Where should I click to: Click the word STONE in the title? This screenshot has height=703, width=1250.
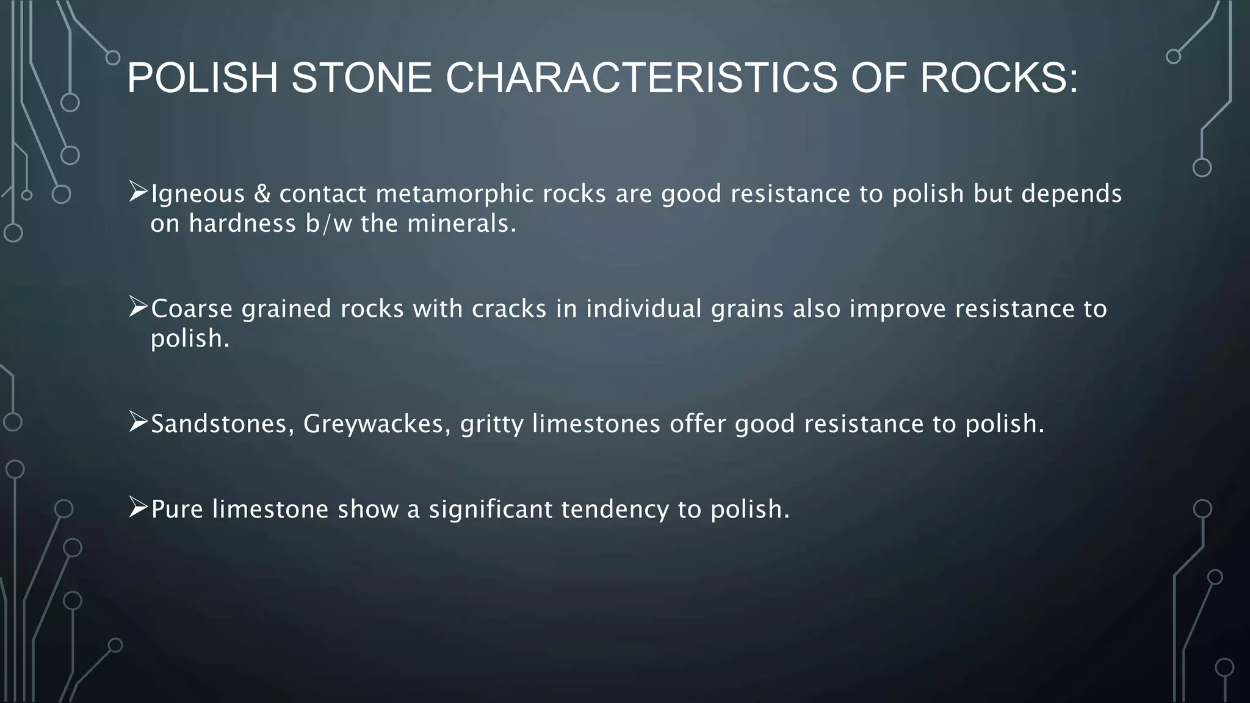(x=361, y=78)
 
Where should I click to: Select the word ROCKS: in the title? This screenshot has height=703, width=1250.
(x=999, y=78)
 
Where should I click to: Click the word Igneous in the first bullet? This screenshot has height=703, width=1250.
(x=197, y=194)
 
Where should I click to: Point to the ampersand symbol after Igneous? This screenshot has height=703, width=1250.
(x=262, y=194)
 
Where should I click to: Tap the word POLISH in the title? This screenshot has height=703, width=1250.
(x=202, y=78)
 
